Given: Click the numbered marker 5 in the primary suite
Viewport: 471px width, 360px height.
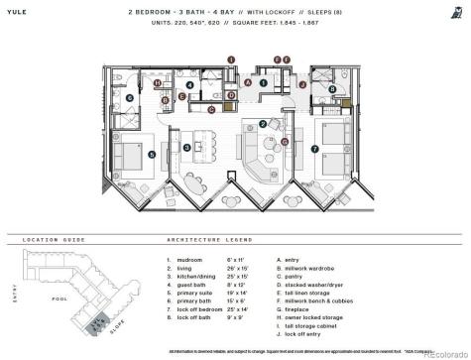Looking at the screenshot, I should [x=151, y=155].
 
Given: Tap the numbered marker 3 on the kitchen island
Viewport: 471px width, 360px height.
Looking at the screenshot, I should [x=186, y=148].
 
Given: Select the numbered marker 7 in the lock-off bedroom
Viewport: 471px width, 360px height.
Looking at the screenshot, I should [x=314, y=151].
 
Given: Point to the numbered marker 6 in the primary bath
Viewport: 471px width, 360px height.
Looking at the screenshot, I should [x=129, y=98].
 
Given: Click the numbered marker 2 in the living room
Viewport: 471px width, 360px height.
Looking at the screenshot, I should [x=262, y=123].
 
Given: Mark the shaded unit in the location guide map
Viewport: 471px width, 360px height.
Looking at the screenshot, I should [x=95, y=322].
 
